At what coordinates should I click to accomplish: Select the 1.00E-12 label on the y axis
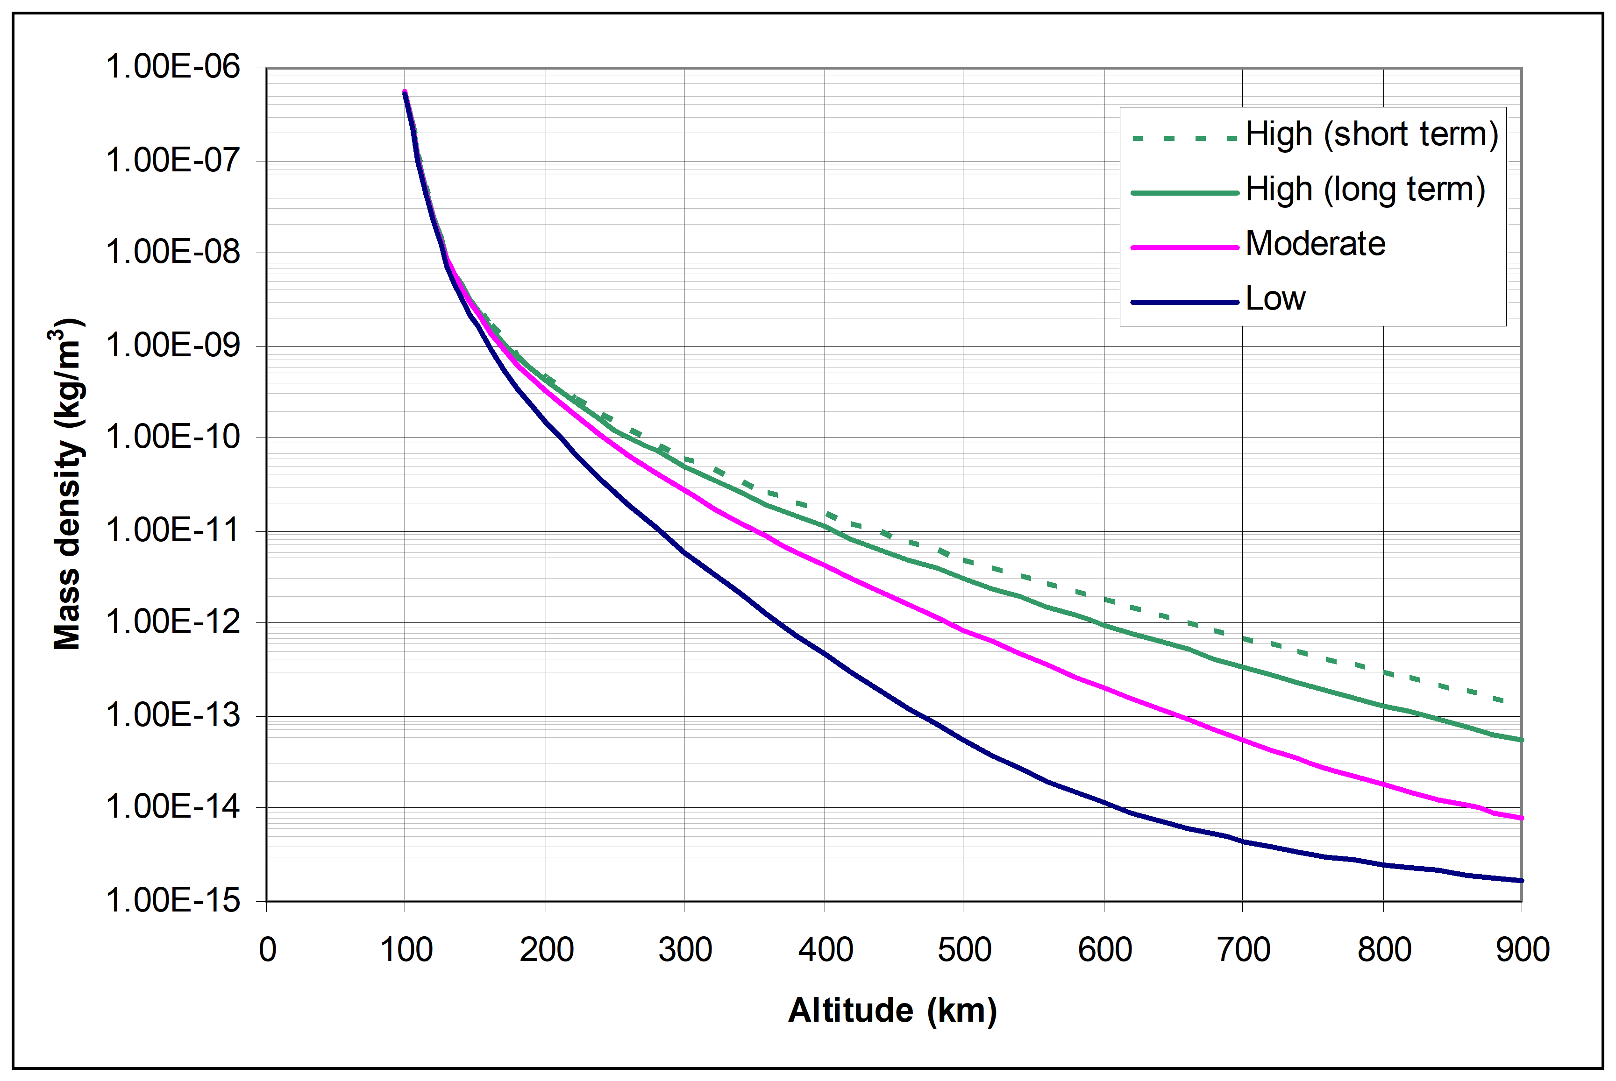pos(172,622)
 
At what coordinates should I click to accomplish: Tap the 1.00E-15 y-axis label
pos(172,900)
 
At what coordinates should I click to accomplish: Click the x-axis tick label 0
pos(268,950)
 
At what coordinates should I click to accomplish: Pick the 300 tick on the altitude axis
pos(685,950)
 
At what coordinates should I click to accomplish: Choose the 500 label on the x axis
pos(964,950)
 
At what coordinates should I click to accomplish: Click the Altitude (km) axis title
pos(892,1010)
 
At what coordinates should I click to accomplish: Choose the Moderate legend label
pos(1315,243)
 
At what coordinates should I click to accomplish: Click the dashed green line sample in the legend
pos(1184,139)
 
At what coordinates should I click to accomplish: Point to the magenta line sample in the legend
pos(1184,247)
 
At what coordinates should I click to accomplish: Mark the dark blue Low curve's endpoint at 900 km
pos(1521,880)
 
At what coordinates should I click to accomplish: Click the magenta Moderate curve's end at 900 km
pos(1521,818)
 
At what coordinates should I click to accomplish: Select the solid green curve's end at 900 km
pos(1521,740)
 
